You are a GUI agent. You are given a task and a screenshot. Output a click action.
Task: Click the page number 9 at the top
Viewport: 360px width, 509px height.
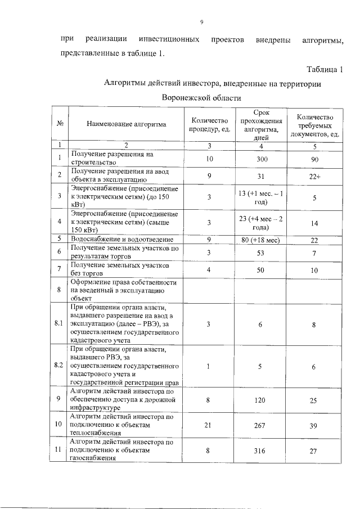click(201, 22)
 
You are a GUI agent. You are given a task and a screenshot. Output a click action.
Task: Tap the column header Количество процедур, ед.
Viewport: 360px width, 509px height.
click(209, 125)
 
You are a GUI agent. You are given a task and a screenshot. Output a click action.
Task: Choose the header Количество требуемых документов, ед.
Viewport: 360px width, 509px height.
click(315, 125)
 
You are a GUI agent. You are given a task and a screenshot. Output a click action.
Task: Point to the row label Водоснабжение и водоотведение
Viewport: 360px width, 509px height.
click(116, 240)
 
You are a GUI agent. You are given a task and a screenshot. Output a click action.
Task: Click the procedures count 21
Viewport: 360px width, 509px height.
click(209, 426)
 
